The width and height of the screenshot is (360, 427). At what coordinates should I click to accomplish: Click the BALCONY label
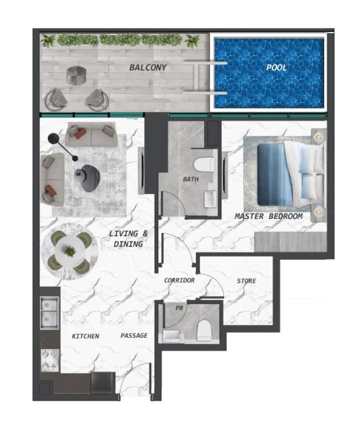point(148,68)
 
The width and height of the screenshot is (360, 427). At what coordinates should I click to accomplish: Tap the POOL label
point(276,68)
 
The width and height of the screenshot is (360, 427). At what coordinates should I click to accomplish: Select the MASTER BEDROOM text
point(268,216)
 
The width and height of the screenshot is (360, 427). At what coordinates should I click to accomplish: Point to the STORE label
point(247,281)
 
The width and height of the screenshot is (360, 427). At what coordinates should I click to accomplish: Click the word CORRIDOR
point(179,280)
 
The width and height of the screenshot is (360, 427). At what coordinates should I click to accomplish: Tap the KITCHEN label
point(85,336)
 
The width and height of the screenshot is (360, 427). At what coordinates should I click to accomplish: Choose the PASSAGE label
point(134,335)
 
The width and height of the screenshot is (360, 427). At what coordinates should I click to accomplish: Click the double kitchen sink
point(49,312)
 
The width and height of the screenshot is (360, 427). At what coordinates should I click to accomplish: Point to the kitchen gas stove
point(50,360)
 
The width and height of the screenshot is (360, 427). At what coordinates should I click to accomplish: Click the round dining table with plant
point(70,252)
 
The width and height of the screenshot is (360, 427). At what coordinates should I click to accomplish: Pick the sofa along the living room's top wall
point(90,134)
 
